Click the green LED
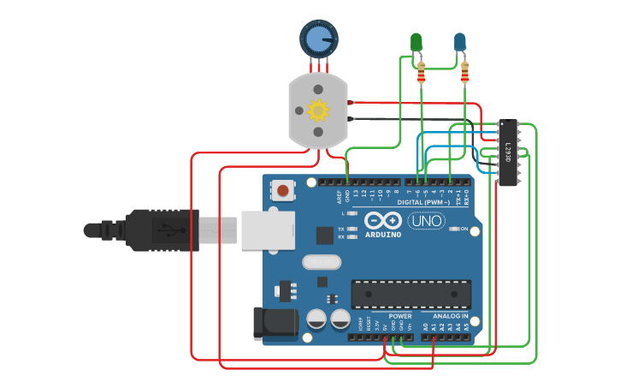tap(416, 42)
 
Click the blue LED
tap(460, 42)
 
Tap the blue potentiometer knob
tap(318, 38)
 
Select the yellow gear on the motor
tap(318, 110)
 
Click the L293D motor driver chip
tap(508, 152)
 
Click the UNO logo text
tap(426, 221)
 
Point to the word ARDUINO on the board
tap(383, 234)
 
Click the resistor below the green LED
tap(421, 76)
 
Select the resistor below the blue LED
tap(464, 76)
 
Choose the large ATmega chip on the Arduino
tap(410, 294)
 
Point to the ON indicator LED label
tap(465, 230)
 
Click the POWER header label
tap(399, 316)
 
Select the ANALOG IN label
tap(444, 316)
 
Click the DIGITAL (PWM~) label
tap(423, 202)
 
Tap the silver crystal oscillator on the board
tap(322, 262)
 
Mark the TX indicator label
tap(341, 230)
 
